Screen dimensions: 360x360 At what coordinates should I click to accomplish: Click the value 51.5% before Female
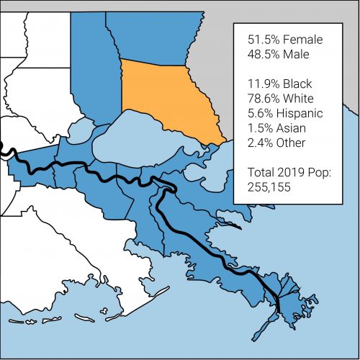pyautogui.click(x=262, y=40)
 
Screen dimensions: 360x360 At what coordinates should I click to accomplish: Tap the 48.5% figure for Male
pyautogui.click(x=262, y=54)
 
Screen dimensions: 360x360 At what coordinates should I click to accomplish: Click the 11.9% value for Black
pyautogui.click(x=262, y=85)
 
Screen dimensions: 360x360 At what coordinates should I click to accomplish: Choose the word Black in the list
pyautogui.click(x=300, y=85)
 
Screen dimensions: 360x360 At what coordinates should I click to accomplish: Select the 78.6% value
pyautogui.click(x=262, y=99)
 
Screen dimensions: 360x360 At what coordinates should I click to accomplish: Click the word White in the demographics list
pyautogui.click(x=301, y=99)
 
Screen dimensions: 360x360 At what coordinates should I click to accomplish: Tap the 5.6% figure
pyautogui.click(x=259, y=114)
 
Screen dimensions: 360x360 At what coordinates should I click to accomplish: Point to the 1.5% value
pyautogui.click(x=258, y=128)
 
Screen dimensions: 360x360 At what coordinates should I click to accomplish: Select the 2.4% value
pyautogui.click(x=259, y=143)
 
